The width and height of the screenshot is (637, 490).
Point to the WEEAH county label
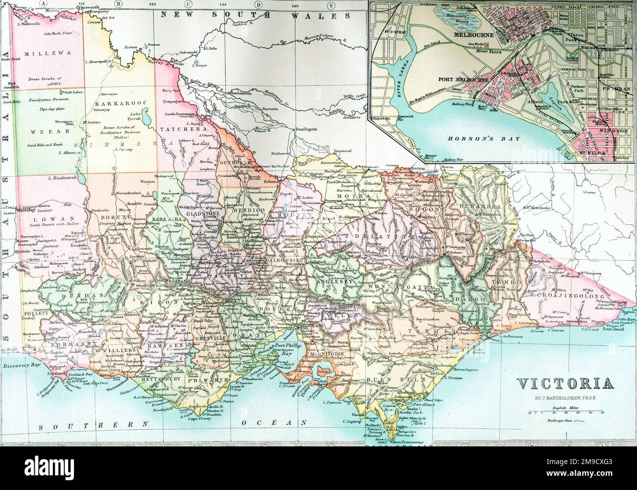pyautogui.click(x=42, y=131)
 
